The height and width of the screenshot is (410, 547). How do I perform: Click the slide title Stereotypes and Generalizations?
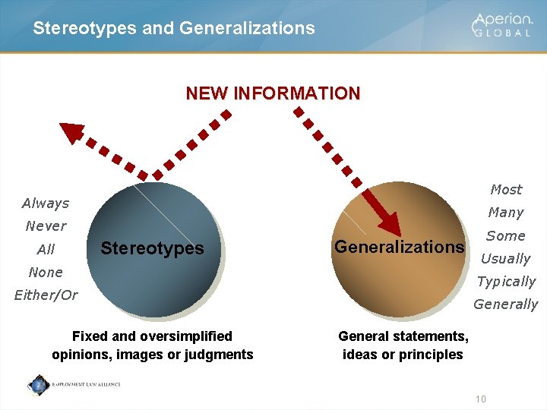click(173, 28)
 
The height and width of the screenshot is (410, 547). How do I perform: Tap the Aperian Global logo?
click(502, 25)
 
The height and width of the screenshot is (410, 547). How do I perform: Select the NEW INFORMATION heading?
click(273, 93)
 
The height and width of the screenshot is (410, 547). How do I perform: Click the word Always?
click(46, 203)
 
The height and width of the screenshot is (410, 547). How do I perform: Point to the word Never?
click(46, 226)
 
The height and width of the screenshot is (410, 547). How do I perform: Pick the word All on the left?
click(46, 249)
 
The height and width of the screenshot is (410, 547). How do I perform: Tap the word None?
click(46, 272)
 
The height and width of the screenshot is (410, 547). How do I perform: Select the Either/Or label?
click(46, 295)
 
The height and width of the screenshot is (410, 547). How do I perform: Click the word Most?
click(506, 190)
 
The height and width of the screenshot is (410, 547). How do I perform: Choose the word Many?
click(506, 213)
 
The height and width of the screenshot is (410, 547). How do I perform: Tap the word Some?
click(506, 236)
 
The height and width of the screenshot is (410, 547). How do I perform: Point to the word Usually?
click(506, 259)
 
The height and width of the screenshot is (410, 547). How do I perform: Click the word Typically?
click(506, 282)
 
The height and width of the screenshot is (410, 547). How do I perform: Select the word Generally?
click(506, 304)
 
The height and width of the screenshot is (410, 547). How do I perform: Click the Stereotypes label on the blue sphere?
click(152, 248)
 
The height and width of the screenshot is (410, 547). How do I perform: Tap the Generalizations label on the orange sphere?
click(399, 247)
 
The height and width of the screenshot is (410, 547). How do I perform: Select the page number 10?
click(480, 399)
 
